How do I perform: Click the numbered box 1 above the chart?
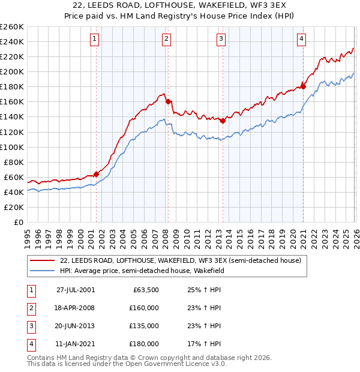pos(95,39)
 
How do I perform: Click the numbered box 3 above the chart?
pos(221,39)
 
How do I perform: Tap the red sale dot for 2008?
pos(168,101)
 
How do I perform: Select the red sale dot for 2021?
pos(303,86)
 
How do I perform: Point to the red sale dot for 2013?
pos(223,120)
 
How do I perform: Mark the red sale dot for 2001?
pos(96,174)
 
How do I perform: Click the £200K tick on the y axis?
pos(12,71)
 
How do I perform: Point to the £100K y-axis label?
pos(12,147)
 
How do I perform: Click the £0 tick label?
pos(18,222)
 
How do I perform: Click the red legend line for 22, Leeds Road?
pos(43,260)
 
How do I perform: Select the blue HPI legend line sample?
pos(43,271)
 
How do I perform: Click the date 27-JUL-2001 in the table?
pos(76,289)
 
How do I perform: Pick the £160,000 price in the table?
pos(144,308)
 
